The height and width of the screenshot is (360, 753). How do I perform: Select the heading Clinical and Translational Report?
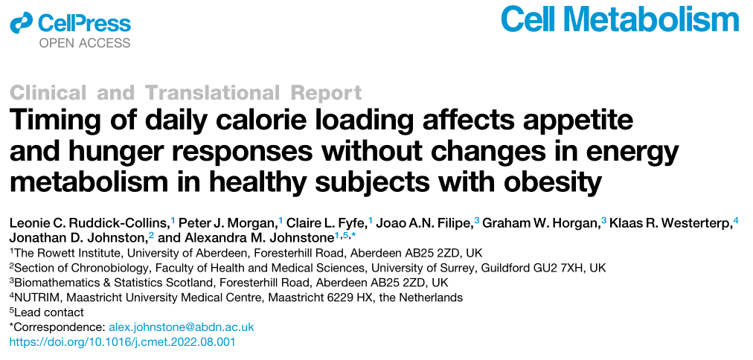(186, 93)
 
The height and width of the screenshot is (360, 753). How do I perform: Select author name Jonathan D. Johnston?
(77, 237)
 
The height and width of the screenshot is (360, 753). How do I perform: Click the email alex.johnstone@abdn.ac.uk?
(182, 327)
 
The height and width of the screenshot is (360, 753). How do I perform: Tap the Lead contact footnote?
(48, 312)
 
